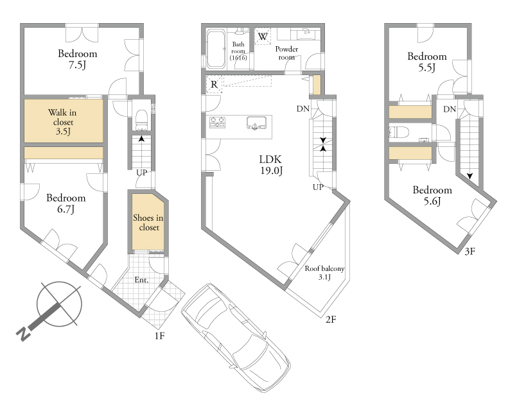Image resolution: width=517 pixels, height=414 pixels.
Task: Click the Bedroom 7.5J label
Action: (x=78, y=59)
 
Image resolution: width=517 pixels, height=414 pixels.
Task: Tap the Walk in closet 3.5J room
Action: (x=64, y=121)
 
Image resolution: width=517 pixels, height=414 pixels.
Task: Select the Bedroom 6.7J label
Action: (x=66, y=203)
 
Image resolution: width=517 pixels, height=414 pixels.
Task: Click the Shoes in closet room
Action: (x=148, y=222)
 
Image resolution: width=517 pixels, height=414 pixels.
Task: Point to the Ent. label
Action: (x=141, y=280)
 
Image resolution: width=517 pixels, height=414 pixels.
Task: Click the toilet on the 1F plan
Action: (x=142, y=120)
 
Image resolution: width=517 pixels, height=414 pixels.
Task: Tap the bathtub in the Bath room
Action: (x=216, y=49)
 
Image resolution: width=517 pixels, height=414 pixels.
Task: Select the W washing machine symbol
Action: (x=263, y=36)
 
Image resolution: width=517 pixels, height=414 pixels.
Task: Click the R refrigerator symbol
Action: (x=215, y=84)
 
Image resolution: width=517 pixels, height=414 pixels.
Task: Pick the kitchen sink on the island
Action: (x=256, y=123)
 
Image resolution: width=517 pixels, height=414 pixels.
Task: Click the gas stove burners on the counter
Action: (x=217, y=122)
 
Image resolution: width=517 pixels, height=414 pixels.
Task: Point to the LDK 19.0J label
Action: (x=270, y=165)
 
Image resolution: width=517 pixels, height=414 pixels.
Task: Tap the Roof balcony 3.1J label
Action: (x=324, y=273)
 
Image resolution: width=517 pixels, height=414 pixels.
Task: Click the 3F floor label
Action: (x=470, y=252)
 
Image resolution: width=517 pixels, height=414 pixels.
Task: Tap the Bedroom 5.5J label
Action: (x=427, y=62)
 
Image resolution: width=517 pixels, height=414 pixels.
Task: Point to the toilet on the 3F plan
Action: (x=399, y=132)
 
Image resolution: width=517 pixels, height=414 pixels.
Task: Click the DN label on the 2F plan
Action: (x=303, y=108)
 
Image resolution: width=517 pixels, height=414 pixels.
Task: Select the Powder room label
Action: (x=286, y=53)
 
